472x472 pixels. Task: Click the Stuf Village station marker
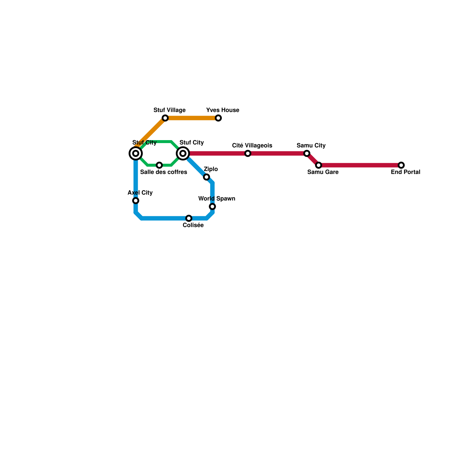tap(165, 118)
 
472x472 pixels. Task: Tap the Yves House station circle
tap(218, 118)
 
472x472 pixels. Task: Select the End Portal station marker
tap(401, 165)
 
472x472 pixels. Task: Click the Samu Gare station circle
tap(319, 165)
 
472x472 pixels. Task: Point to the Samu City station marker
tap(307, 153)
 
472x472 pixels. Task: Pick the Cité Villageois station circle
tap(248, 153)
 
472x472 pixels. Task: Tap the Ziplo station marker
tap(206, 177)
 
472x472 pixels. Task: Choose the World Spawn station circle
tap(212, 206)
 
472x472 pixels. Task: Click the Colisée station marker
tap(189, 218)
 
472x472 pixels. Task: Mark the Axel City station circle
tap(136, 201)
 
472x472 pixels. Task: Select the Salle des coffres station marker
tap(159, 165)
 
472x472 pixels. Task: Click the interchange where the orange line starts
tap(136, 153)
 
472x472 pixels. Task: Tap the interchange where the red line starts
tap(183, 153)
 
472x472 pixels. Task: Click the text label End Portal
tap(405, 172)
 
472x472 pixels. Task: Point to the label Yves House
tap(222, 110)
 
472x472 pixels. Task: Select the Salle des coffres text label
tap(163, 172)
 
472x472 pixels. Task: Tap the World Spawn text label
tap(217, 199)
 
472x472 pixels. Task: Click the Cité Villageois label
tap(252, 146)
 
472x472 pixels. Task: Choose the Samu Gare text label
tap(323, 172)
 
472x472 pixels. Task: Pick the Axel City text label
tap(140, 193)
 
